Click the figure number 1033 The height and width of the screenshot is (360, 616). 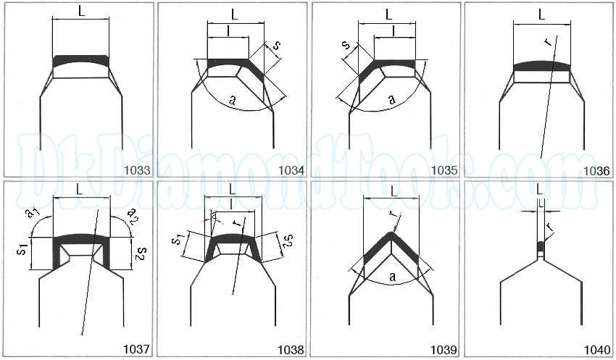pos(137,170)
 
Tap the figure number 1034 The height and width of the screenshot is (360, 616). pos(291,171)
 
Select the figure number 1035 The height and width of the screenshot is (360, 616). pos(444,171)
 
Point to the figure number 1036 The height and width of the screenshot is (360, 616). pos(596,171)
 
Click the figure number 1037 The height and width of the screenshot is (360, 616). pos(136,349)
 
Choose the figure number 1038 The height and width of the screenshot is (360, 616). pos(291,349)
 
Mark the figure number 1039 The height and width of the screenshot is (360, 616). pos(444,349)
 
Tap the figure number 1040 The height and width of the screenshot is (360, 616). pos(596,349)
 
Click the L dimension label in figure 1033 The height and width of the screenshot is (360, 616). pos(81,11)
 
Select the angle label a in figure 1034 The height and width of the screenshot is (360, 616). pos(233,100)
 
